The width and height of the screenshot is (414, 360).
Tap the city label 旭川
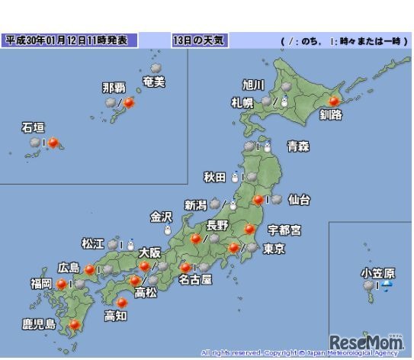coord(252,85)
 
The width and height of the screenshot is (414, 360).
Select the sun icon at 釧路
coord(332,100)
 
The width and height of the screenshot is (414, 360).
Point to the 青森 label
coord(297,147)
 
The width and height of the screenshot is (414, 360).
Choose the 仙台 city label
coord(299,200)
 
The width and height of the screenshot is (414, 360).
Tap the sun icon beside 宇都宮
coord(249,229)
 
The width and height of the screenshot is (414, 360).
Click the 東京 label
coord(273,249)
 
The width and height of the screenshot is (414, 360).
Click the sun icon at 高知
coord(121,303)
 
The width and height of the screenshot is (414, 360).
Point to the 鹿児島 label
coord(39,325)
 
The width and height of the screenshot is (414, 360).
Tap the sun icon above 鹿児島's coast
coord(75,326)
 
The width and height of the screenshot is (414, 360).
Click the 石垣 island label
coord(33,128)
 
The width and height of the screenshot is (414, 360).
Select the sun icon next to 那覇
coord(129,101)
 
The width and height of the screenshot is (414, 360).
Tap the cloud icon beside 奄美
coord(156,69)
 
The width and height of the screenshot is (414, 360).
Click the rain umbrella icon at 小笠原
coord(387,286)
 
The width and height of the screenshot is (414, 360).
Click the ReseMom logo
coord(366,344)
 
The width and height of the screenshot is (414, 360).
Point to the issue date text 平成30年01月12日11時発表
coord(71,40)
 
